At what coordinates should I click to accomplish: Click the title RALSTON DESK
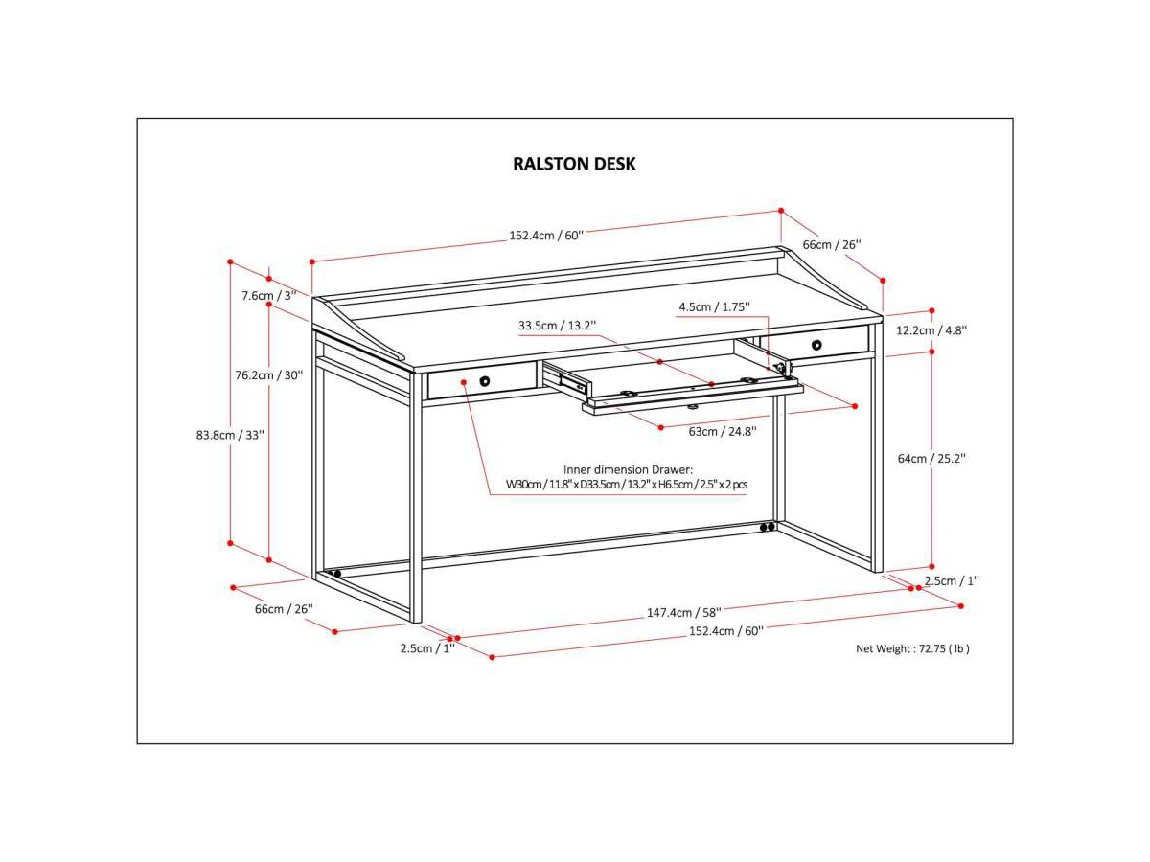click(574, 164)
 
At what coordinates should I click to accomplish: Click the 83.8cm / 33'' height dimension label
click(230, 434)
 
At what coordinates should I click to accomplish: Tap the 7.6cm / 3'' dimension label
click(269, 295)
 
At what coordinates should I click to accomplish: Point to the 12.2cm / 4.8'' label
click(931, 329)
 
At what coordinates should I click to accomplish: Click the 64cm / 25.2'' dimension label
click(931, 459)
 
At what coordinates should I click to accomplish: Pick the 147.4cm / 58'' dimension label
click(683, 611)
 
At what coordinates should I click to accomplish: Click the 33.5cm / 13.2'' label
click(558, 326)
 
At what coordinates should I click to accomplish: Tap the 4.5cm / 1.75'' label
click(714, 307)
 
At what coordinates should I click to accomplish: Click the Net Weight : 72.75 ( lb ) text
click(912, 648)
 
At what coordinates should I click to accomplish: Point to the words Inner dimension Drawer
click(628, 469)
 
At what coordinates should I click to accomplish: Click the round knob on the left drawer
click(485, 381)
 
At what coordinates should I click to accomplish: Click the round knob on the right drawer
click(816, 345)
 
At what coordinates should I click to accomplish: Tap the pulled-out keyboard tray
click(690, 395)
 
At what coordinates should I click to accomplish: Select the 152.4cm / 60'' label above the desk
click(546, 236)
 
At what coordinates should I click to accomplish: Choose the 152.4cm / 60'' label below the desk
click(726, 631)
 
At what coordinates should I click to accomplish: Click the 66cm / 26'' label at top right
click(832, 244)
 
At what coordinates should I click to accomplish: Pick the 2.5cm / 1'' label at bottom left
click(427, 647)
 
